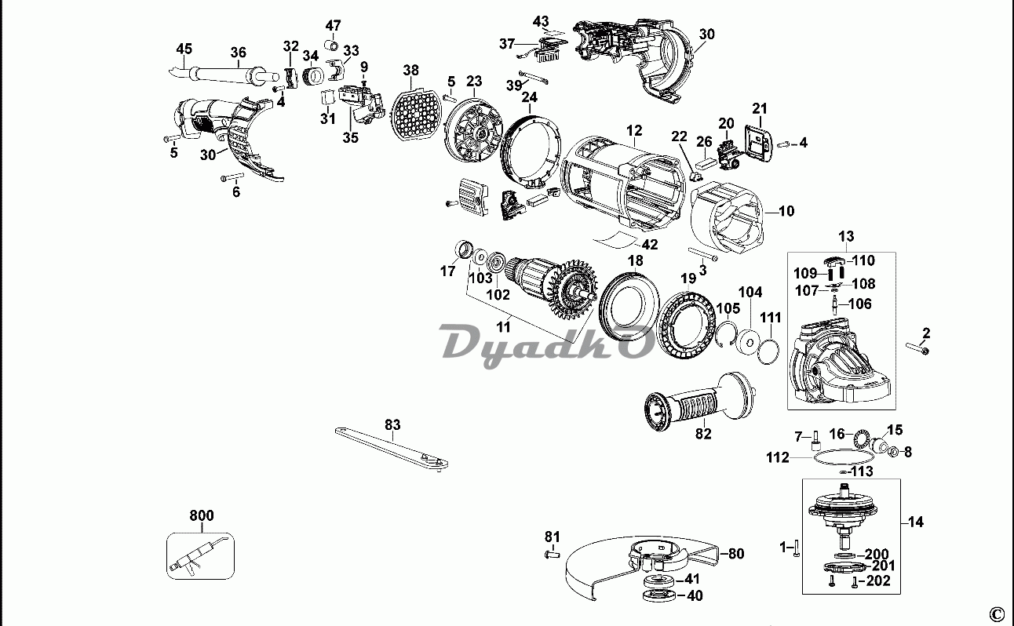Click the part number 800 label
[202, 515]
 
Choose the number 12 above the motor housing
[634, 130]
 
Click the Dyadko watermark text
[548, 346]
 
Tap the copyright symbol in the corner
[997, 613]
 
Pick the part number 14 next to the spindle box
[915, 522]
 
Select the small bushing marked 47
[332, 45]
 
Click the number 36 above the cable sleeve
[238, 53]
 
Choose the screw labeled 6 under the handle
[232, 177]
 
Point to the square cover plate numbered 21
[758, 144]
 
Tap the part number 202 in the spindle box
[877, 581]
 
